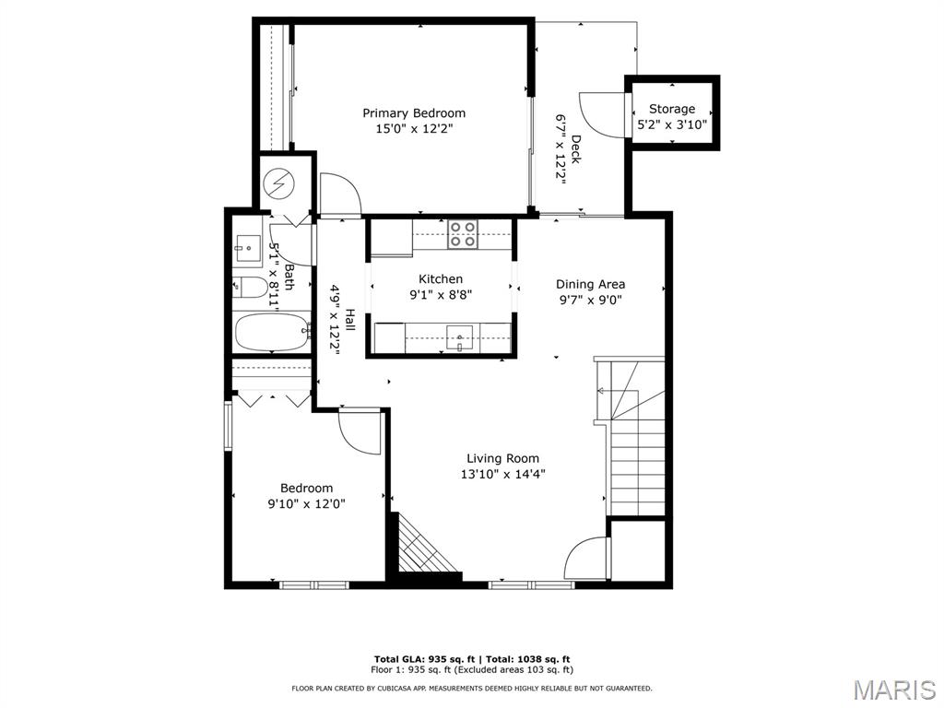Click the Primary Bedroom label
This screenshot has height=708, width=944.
(x=414, y=113)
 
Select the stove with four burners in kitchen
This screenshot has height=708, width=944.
(x=463, y=234)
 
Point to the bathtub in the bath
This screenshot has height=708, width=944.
(x=272, y=333)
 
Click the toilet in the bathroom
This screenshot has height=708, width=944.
(x=250, y=287)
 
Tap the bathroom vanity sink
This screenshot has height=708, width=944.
(x=246, y=246)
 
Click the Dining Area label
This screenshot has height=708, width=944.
(x=590, y=284)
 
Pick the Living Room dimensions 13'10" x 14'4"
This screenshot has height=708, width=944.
(x=502, y=474)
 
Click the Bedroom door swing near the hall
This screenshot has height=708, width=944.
(x=360, y=431)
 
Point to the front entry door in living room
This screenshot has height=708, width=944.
(x=587, y=560)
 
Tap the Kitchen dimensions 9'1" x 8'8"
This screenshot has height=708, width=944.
(x=441, y=296)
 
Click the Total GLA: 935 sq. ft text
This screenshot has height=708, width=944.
(x=425, y=659)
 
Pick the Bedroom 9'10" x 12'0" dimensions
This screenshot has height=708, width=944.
(x=307, y=503)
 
